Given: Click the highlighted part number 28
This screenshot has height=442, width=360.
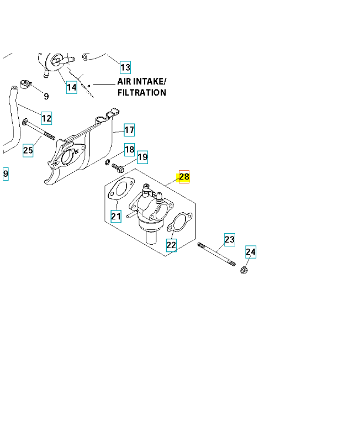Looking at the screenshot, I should pos(184,177).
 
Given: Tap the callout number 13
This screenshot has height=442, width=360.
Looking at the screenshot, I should pos(125,67).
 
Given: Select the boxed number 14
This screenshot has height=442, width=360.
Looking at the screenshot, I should pos(71,87).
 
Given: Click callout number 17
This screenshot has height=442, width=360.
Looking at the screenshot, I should pos(129,130).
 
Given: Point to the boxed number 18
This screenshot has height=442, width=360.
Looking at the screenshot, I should pos(129,149).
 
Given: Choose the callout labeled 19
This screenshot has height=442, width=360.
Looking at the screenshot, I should pos(142,157).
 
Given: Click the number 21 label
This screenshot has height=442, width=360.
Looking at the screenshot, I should pos(116,216).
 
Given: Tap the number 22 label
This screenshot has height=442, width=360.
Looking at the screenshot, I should pos(171,245).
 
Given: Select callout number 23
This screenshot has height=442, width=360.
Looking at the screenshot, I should pos(229,239).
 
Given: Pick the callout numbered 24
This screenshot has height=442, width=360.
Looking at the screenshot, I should pos(251,252).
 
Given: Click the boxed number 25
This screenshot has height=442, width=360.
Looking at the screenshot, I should pos(28,150).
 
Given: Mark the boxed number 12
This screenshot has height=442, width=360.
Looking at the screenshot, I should pos(46,118).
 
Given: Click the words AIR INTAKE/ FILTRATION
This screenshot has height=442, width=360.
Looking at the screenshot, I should pos(141,87).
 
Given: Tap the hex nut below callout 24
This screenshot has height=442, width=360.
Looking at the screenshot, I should pos(243,270).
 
